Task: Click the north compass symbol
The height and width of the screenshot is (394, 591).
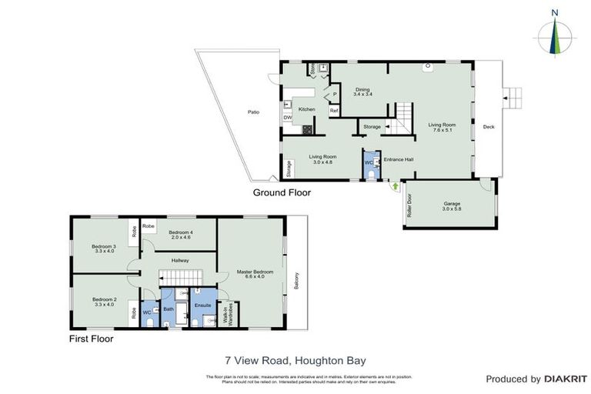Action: pos(555,35)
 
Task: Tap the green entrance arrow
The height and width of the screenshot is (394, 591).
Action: pos(396,185)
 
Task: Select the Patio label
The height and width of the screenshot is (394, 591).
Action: pos(253,112)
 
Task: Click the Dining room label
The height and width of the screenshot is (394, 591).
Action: pos(362,91)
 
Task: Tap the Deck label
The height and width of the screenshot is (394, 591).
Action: pos(488,127)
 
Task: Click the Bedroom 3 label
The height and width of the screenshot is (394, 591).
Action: pos(103,249)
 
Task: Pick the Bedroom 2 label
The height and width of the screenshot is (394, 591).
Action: pos(103,301)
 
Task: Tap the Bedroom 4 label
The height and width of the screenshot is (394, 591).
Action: pos(179,234)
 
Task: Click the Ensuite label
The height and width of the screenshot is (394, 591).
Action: pos(202,306)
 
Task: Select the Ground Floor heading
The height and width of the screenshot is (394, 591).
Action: pos(282,193)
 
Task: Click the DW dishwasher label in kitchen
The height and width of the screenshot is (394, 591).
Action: pos(287,118)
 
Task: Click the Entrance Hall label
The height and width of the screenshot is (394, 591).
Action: pos(399,159)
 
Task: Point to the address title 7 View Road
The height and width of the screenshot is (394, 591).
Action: pos(295,359)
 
